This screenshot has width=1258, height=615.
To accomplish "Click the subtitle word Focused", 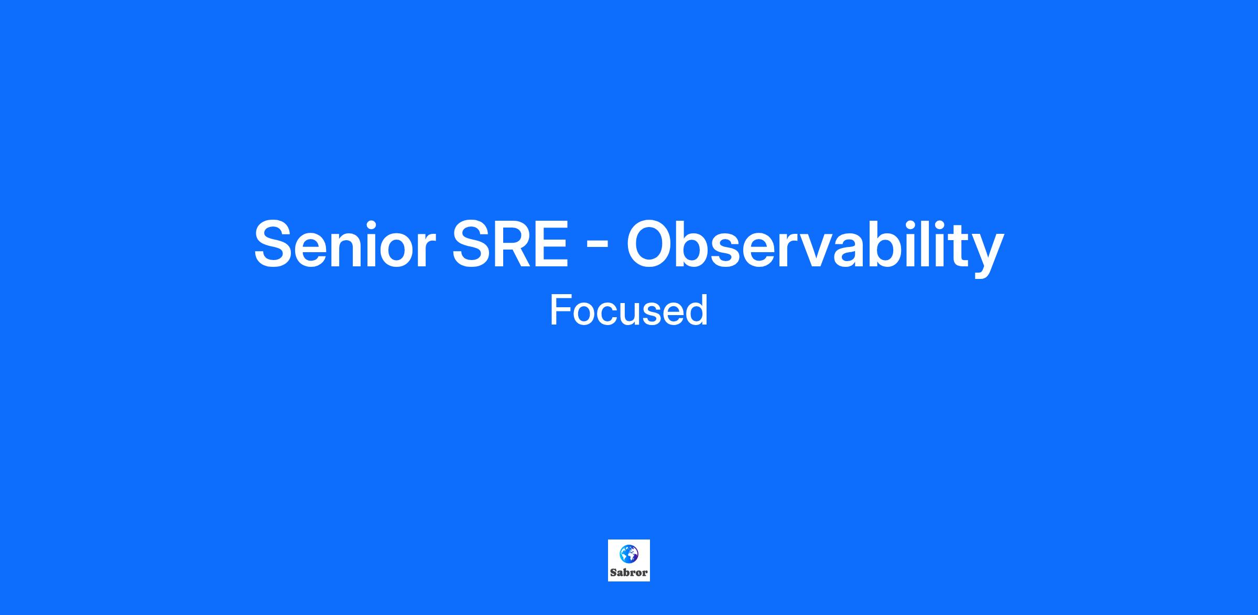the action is tap(629, 310).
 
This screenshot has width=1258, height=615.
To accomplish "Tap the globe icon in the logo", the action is tap(629, 554).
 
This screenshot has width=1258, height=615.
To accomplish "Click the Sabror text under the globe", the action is tap(629, 573).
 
